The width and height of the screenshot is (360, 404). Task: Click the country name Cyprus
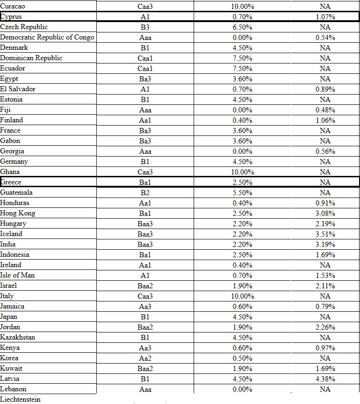coord(11,17)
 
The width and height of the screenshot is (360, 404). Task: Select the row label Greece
coord(11,182)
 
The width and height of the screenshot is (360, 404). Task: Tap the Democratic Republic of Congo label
coord(47,37)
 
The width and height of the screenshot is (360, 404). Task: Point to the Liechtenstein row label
coord(21,399)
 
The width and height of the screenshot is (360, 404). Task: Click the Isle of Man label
coord(17,275)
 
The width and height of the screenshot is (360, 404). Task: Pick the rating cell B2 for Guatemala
coord(145,192)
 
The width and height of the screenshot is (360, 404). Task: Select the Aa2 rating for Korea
coord(145,358)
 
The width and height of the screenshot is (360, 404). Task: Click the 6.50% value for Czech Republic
coord(243,27)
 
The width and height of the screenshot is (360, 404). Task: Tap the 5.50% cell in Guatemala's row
coord(243,192)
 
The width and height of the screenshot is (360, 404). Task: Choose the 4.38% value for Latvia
coord(325,379)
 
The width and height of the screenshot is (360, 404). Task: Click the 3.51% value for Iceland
coord(325,234)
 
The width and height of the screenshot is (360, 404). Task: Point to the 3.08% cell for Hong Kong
coord(325,213)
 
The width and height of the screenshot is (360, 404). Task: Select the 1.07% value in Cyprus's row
coord(325,17)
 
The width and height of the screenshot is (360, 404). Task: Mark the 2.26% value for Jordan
coord(325,327)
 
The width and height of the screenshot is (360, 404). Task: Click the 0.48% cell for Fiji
coord(325,110)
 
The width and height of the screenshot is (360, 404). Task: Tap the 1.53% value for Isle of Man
coord(325,275)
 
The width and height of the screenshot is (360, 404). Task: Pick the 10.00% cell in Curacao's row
coord(243,7)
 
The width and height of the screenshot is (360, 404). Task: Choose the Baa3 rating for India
coord(145,244)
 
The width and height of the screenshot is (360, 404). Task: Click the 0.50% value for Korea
coord(243,358)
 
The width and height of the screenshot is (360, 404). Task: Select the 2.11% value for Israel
coord(325,285)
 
